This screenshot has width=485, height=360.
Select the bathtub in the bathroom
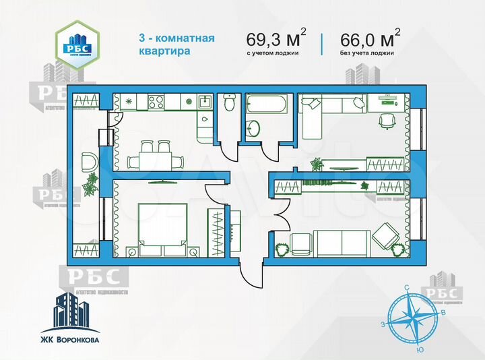click(266, 105)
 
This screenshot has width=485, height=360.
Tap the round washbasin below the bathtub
click(254, 127)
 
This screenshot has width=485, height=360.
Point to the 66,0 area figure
click(361, 37)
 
